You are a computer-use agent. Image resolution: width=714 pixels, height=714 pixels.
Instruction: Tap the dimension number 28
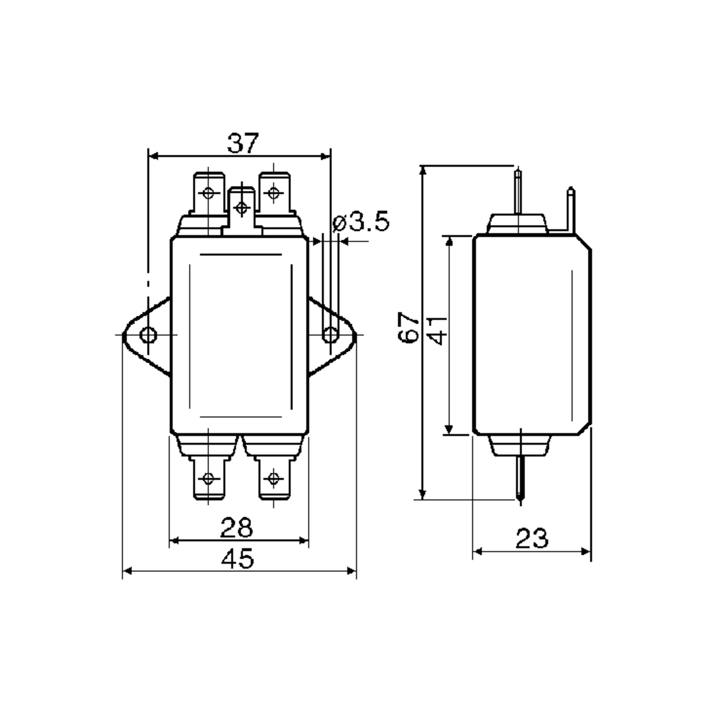[x=237, y=528]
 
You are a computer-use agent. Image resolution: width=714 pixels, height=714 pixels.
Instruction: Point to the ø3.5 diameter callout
[x=361, y=221]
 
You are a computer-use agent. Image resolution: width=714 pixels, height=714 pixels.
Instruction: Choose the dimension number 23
[x=532, y=538]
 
